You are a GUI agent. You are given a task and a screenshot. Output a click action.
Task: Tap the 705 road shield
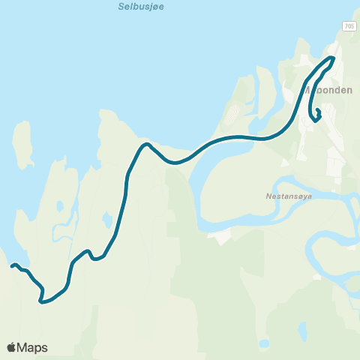click(349, 26)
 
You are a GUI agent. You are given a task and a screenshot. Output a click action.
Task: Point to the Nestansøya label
click(284, 196)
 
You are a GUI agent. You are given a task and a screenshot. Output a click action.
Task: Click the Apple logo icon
click(11, 347)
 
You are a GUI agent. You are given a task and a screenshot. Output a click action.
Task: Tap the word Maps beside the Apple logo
click(32, 347)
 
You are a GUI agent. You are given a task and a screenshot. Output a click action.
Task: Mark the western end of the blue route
click(12, 265)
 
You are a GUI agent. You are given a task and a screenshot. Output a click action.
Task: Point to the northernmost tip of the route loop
click(332, 58)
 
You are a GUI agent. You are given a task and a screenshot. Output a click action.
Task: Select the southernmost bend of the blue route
click(42, 302)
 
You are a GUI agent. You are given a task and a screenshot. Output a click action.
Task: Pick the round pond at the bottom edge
click(263, 344)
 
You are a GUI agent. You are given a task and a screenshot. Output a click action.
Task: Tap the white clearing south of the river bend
click(221, 237)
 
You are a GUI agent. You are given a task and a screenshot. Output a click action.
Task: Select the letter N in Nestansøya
click(268, 196)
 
